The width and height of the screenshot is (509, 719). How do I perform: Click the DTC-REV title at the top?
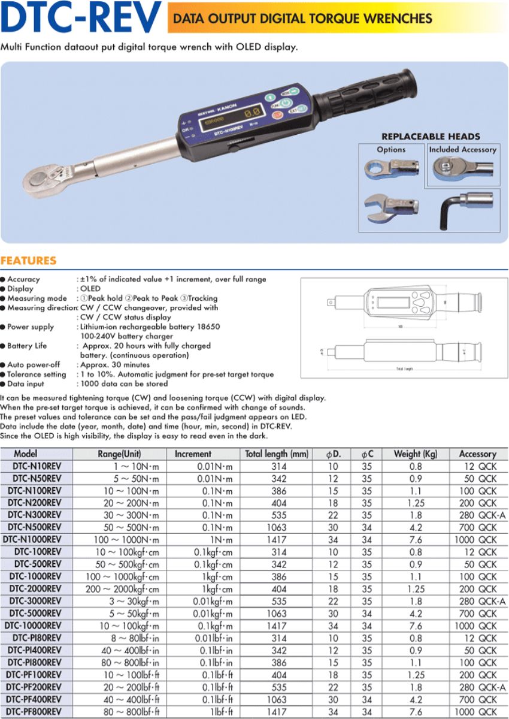(x=81, y=18)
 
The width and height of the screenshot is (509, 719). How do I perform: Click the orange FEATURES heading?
(x=28, y=261)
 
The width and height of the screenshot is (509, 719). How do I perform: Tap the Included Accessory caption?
(x=462, y=149)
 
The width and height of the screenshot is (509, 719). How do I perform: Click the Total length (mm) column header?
(x=277, y=454)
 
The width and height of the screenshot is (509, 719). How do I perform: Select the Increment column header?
(x=193, y=454)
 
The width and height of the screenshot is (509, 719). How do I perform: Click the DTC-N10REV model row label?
(x=37, y=466)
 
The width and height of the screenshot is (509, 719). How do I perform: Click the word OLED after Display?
(x=89, y=288)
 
